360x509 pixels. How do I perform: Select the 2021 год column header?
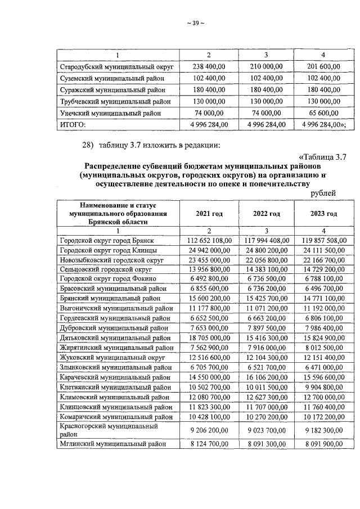pos(209,214)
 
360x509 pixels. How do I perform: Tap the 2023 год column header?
pos(323,214)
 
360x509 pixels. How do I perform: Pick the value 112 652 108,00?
pos(209,240)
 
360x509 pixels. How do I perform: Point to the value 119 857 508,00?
pos(323,240)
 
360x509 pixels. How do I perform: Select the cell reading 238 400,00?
pos(209,67)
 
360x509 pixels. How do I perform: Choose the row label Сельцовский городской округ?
pos(107,269)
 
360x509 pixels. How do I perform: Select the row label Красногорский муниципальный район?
pos(108,430)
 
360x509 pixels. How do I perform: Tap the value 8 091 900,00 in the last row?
pos(323,444)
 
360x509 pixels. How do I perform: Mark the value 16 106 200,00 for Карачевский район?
pos(266,377)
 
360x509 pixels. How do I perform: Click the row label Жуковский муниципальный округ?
pos(112,357)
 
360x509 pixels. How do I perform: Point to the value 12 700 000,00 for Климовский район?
pos(323,397)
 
